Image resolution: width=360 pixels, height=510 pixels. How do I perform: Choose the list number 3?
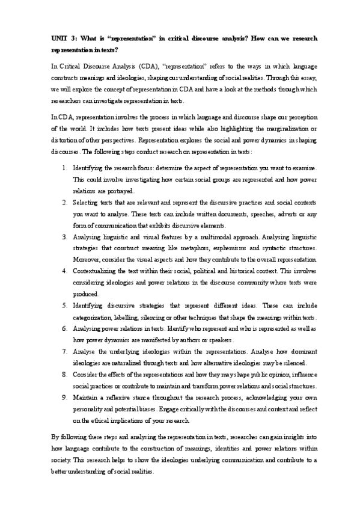pos(64,238)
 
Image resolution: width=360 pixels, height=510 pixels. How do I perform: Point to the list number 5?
pos(64,306)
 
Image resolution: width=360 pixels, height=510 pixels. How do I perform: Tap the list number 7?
pos(64,352)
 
